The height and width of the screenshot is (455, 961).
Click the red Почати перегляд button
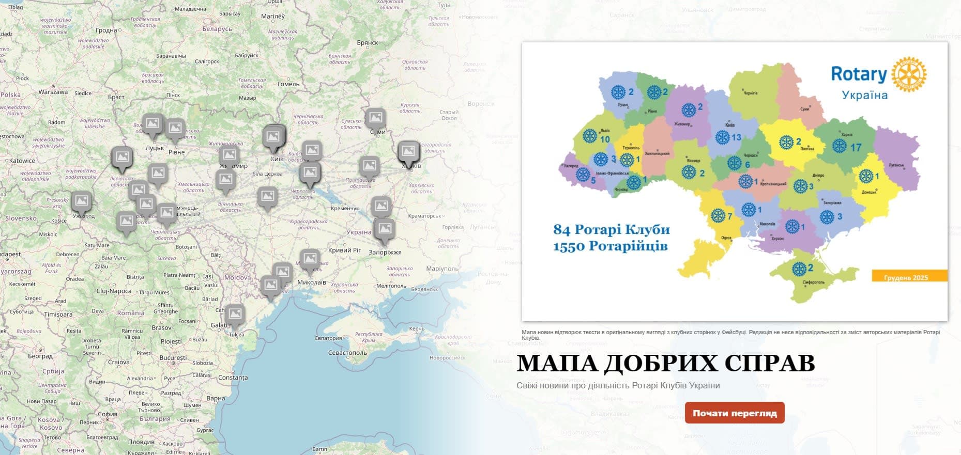click(734, 413)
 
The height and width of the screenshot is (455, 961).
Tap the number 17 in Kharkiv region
click(856, 148)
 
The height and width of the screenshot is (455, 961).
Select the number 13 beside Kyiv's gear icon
click(736, 137)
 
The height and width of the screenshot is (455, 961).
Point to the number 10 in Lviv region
click(605, 139)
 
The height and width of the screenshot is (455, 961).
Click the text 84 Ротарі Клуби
click(611, 229)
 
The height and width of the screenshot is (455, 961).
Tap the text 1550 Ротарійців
click(610, 246)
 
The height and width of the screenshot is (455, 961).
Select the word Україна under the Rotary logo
click(864, 96)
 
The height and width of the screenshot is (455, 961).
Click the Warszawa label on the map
click(53, 92)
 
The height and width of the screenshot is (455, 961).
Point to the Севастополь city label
click(347, 353)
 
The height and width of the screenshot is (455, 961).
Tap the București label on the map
click(173, 357)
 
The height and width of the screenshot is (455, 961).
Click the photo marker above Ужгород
click(81, 201)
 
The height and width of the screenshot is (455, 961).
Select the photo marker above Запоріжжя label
click(385, 229)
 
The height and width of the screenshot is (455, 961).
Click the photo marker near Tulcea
click(234, 314)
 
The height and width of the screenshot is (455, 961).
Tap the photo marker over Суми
click(375, 118)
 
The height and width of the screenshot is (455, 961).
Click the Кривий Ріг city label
click(344, 250)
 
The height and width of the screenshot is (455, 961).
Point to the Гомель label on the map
click(288, 84)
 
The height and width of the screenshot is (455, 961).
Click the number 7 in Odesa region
click(729, 216)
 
